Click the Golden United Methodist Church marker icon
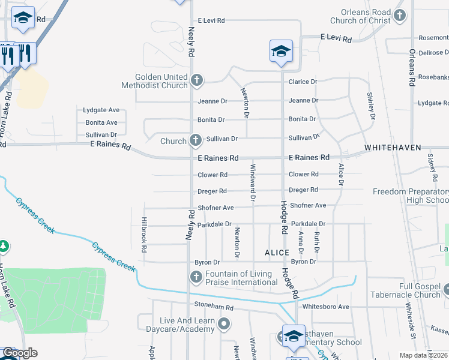coord(196,80)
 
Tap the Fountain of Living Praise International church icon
coord(196,277)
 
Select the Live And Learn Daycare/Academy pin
coord(224,325)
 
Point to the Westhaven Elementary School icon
coord(294,337)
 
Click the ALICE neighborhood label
coord(277,253)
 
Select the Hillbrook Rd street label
coord(144,234)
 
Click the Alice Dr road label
coord(341,175)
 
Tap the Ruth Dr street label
coord(316,241)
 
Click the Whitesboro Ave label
coord(326,307)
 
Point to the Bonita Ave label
coord(101,122)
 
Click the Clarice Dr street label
coord(303,82)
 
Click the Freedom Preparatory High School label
coord(411,196)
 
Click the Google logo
coord(20,353)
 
